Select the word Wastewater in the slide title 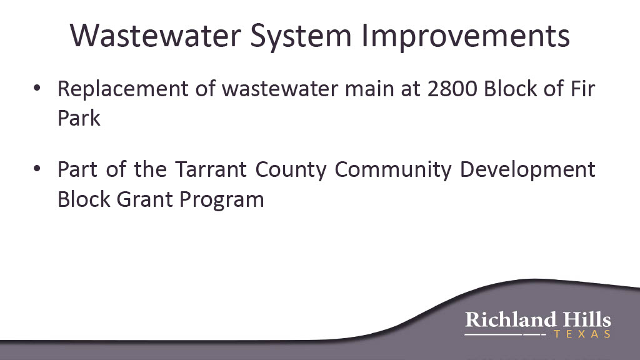(156, 35)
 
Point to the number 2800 (452, 89)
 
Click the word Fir (583, 89)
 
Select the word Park (79, 118)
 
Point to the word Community (393, 170)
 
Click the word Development (527, 170)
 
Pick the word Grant (145, 199)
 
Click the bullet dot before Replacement (37, 88)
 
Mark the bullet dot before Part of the (37, 169)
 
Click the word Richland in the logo (511, 319)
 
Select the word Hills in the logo (587, 319)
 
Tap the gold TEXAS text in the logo (582, 334)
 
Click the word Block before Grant (84, 199)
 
